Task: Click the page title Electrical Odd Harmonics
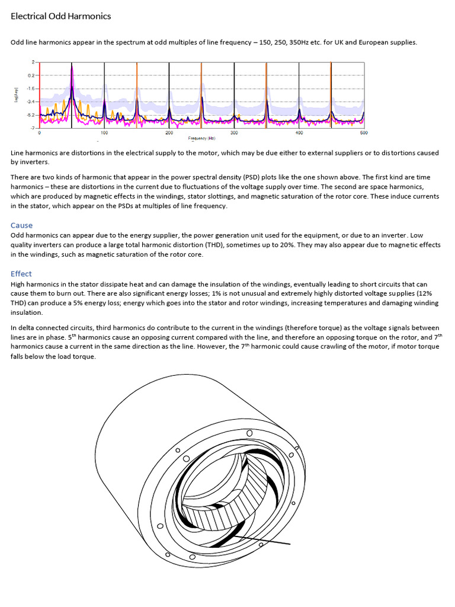[x=61, y=17]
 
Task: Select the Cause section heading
[x=21, y=225]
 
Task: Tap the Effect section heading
[x=21, y=274]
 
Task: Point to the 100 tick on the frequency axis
[x=104, y=133]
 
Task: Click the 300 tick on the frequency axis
[x=234, y=133]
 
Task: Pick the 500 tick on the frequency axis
[x=363, y=133]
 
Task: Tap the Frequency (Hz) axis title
[x=202, y=138]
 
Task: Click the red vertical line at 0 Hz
[x=40, y=95]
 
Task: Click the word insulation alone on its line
[x=27, y=312]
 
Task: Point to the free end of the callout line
[x=290, y=544]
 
